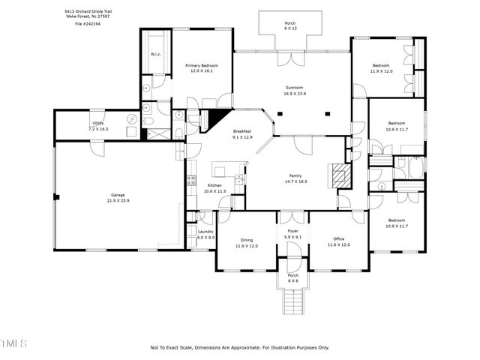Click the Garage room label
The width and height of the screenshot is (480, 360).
tap(118, 194)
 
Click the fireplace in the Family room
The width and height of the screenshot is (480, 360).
tap(341, 175)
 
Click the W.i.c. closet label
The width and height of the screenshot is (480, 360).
tap(156, 54)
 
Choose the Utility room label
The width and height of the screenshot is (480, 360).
tap(98, 124)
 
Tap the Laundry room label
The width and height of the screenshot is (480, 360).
tap(206, 232)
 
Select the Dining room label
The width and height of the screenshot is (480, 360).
tap(246, 239)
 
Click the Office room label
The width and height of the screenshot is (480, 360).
tap(338, 239)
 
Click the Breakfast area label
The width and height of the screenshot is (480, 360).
tap(241, 131)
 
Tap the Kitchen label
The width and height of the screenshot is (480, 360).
tap(215, 185)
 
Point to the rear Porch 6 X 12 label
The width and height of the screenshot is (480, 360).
tap(289, 24)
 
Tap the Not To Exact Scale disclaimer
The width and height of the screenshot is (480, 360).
tap(240, 347)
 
